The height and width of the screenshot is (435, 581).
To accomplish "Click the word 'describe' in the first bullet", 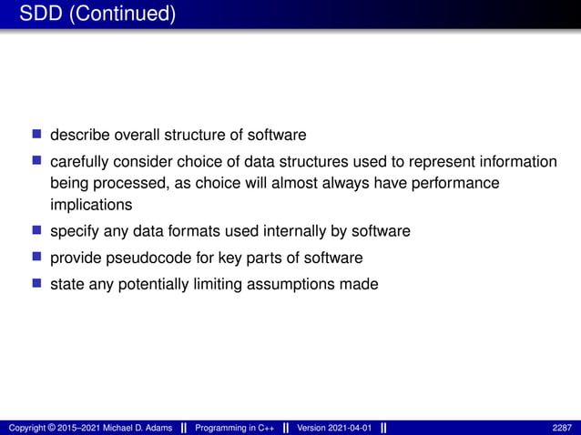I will click(79, 135).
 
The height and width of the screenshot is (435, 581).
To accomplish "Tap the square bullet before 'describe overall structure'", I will click(37, 134).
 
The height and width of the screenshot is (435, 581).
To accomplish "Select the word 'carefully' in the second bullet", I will click(79, 162).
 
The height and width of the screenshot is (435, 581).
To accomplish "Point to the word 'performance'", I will click(457, 184).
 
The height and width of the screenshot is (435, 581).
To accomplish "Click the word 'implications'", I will click(91, 205).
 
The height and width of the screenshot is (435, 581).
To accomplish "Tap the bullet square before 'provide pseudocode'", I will click(37, 257).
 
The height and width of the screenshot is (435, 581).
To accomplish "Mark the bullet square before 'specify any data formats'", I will click(37, 230).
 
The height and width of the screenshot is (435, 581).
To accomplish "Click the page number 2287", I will click(562, 428).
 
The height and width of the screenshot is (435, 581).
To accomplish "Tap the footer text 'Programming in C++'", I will click(239, 428).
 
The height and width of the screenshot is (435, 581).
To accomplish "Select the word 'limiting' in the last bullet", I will click(214, 285).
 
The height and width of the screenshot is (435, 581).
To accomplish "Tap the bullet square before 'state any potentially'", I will click(37, 284).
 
